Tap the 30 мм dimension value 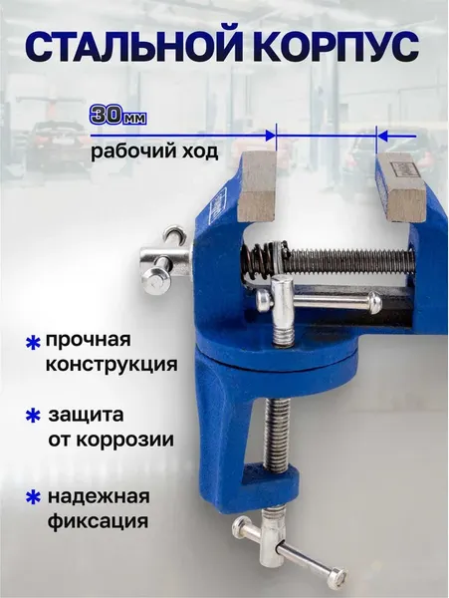(118, 116)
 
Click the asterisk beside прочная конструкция (32, 343)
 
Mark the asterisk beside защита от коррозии (32, 415)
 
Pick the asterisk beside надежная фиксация (32, 495)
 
